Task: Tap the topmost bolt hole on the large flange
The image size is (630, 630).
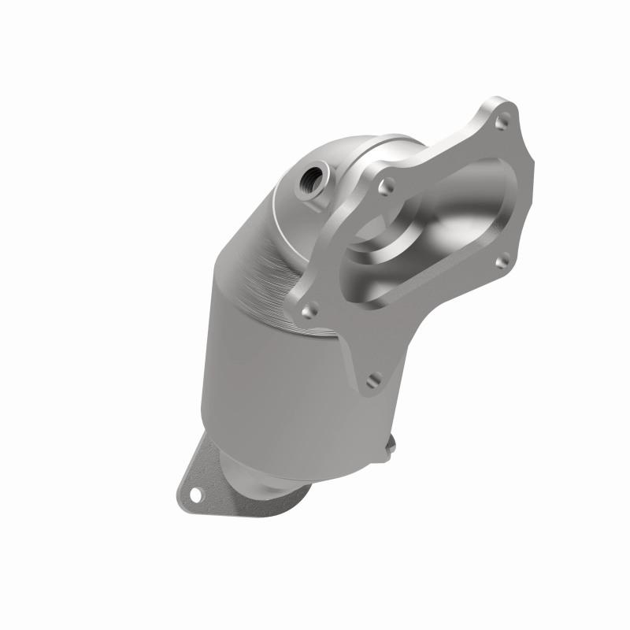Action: pos(498,124)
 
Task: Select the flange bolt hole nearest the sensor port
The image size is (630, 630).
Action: pos(386,187)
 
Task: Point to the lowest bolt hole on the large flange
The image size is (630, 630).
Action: pos(374,380)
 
